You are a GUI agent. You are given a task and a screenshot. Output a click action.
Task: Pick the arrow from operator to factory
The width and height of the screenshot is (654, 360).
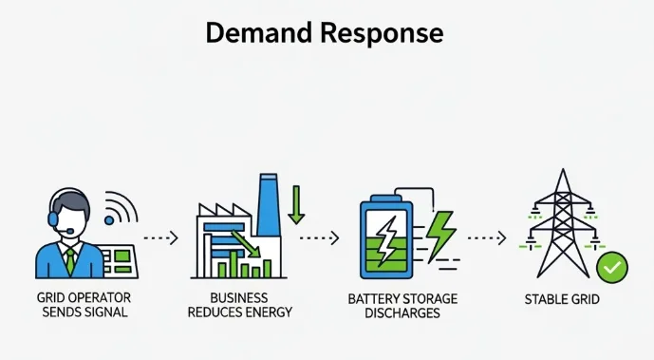tap(159, 237)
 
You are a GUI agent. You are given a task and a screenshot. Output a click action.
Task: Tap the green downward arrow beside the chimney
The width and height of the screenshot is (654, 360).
tap(296, 204)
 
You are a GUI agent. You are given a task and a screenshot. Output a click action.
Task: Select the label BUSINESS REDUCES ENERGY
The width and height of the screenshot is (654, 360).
tap(240, 305)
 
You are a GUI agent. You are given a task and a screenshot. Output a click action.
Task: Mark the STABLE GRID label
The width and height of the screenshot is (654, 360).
tap(562, 300)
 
